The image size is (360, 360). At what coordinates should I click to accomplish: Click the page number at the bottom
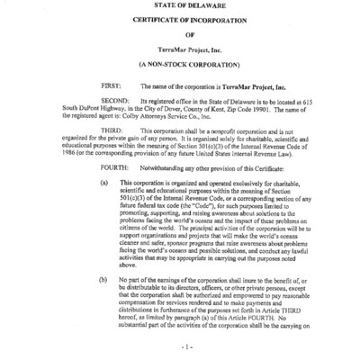tap(180, 346)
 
